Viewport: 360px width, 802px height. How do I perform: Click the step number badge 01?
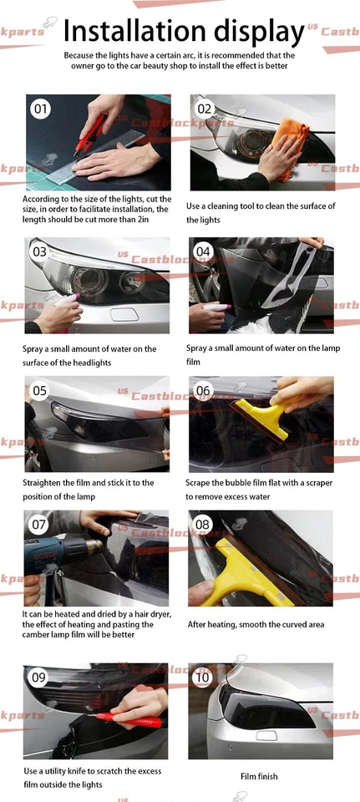click(40, 109)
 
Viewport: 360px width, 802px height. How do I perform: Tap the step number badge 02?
click(205, 109)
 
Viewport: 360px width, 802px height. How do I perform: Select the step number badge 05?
click(40, 390)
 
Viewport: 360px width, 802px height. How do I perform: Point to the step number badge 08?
click(203, 525)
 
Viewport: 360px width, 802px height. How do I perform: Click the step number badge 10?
click(203, 678)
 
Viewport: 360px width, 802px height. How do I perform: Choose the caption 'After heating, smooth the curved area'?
click(256, 624)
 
